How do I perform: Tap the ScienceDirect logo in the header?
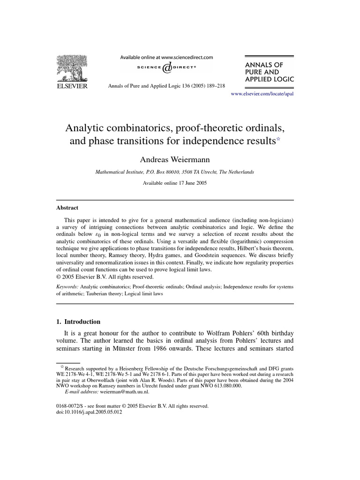[166, 67]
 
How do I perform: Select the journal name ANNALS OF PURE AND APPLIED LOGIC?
[270, 71]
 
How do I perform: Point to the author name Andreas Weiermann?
[180, 160]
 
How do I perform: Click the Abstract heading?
[68, 208]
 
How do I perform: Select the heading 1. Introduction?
[79, 322]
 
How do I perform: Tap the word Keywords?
[67, 285]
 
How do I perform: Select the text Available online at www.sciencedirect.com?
[166, 57]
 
